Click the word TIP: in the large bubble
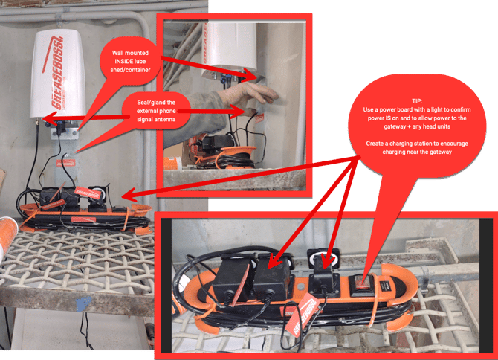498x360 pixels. point(417,101)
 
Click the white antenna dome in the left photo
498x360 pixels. point(58,74)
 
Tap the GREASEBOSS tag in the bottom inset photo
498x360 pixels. point(303,314)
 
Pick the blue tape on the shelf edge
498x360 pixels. point(83,303)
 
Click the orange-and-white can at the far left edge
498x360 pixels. point(7,235)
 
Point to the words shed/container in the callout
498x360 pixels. point(130,70)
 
